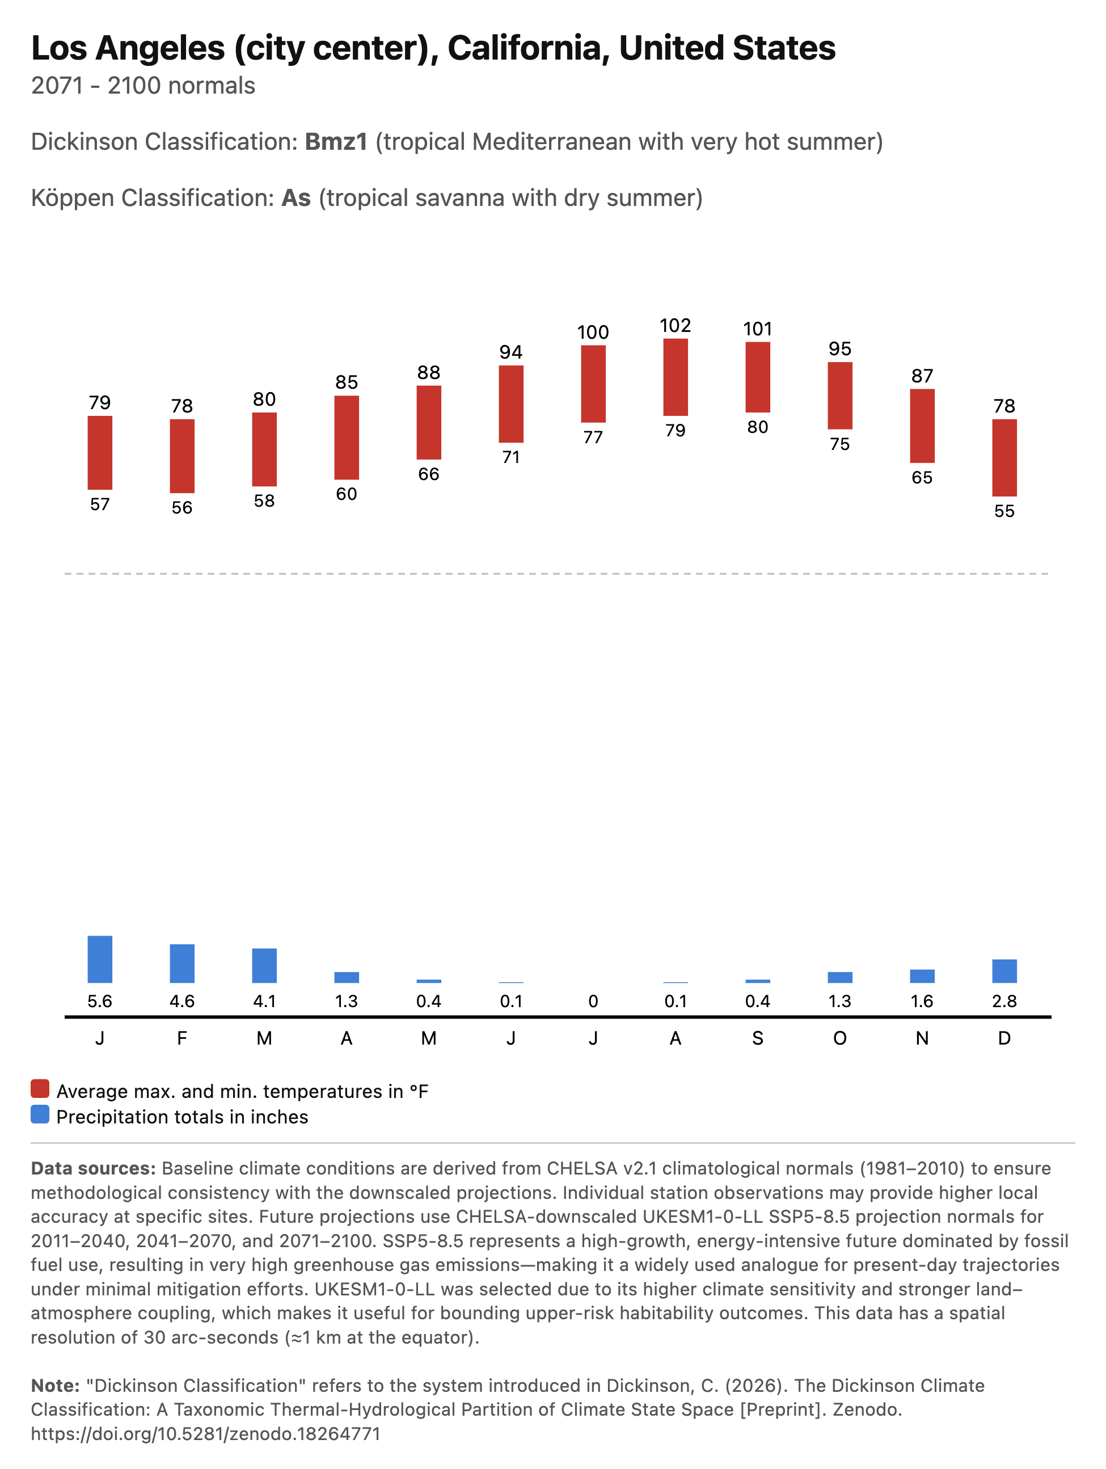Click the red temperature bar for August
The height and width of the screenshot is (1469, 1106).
click(675, 377)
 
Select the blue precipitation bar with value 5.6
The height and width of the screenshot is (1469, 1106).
click(100, 959)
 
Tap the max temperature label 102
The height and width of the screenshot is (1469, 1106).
click(675, 326)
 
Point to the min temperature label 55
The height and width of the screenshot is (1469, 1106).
click(1004, 511)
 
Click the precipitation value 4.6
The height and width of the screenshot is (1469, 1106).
click(182, 1001)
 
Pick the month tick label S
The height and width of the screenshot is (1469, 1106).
click(758, 1038)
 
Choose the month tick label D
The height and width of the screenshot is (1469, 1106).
click(1004, 1038)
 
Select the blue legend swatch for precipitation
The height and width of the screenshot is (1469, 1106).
click(40, 1114)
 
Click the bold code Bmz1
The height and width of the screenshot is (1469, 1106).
click(336, 142)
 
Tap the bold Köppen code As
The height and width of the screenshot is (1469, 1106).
click(296, 198)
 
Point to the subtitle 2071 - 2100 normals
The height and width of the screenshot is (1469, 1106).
click(143, 86)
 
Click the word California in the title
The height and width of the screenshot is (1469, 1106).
click(529, 48)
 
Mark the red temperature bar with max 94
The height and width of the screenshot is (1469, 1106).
click(510, 404)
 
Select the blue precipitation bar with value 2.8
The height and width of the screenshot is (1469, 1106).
click(1004, 971)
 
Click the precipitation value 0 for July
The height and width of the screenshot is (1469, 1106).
click(593, 1001)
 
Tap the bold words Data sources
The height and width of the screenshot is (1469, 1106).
click(93, 1168)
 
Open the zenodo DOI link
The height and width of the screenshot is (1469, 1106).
click(206, 1434)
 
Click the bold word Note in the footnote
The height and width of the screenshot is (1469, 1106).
click(54, 1386)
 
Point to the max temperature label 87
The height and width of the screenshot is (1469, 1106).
click(922, 376)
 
